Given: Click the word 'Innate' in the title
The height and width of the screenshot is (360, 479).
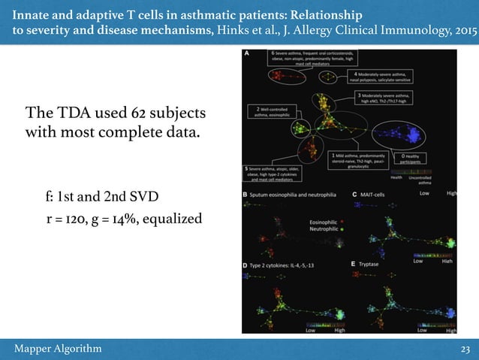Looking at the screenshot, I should click(32, 15).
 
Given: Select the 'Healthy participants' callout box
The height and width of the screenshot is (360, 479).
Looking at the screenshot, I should click(415, 157).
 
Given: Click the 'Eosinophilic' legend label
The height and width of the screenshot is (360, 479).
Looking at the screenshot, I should click(325, 222).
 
